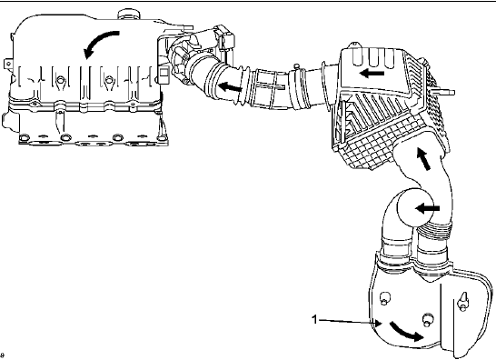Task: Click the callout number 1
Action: (314, 319)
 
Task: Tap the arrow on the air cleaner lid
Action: (372, 74)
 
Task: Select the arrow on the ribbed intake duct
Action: (230, 86)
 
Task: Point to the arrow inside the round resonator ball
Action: (427, 209)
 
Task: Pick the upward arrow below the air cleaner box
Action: (424, 158)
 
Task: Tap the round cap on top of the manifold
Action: (128, 14)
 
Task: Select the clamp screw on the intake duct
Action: (296, 66)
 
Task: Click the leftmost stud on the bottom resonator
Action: (384, 298)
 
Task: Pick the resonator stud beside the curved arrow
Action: (428, 319)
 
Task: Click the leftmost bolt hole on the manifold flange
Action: (25, 138)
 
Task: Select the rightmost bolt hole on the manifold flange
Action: (162, 138)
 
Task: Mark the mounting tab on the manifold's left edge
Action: (7, 64)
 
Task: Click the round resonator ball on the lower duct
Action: (415, 207)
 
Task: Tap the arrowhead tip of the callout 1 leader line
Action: (382, 324)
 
